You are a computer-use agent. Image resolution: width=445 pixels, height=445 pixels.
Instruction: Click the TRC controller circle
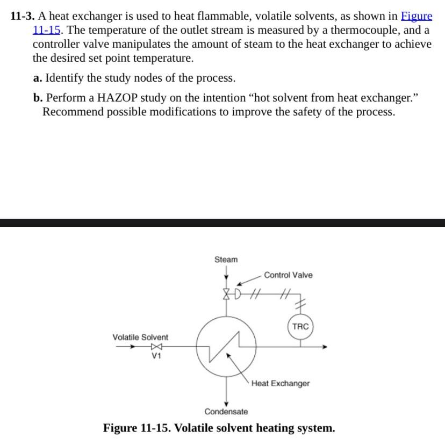[x=300, y=326]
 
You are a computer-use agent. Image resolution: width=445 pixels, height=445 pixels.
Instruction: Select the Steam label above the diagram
[x=226, y=260]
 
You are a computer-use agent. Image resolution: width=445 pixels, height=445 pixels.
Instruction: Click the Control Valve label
[x=288, y=275]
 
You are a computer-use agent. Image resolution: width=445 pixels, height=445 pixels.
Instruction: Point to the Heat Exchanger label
[x=280, y=383]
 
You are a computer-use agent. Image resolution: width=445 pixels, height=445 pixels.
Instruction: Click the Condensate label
[x=226, y=412]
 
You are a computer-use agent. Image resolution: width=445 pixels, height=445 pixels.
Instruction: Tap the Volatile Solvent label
[x=140, y=337]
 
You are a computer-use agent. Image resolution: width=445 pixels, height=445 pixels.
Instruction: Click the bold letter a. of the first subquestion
[x=37, y=78]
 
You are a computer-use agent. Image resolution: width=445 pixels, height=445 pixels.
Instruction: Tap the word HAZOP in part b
[x=118, y=98]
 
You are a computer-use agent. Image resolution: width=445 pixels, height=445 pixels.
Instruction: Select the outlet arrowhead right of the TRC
[x=324, y=347]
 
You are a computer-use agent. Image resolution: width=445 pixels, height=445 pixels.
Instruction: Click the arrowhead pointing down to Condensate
[x=226, y=404]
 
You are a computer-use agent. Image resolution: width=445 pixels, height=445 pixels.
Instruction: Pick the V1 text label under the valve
[x=156, y=356]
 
